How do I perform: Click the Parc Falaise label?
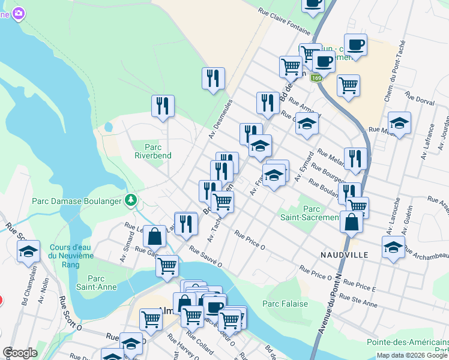pyautogui.click(x=285, y=304)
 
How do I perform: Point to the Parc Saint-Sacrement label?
pyautogui.click(x=312, y=213)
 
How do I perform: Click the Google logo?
pyautogui.click(x=20, y=353)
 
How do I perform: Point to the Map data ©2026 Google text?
pyautogui.click(x=412, y=355)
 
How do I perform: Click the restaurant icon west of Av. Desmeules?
pyautogui.click(x=163, y=106)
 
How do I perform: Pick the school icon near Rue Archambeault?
pyautogui.click(x=393, y=247)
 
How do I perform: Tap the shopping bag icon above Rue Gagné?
pyautogui.click(x=155, y=236)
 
